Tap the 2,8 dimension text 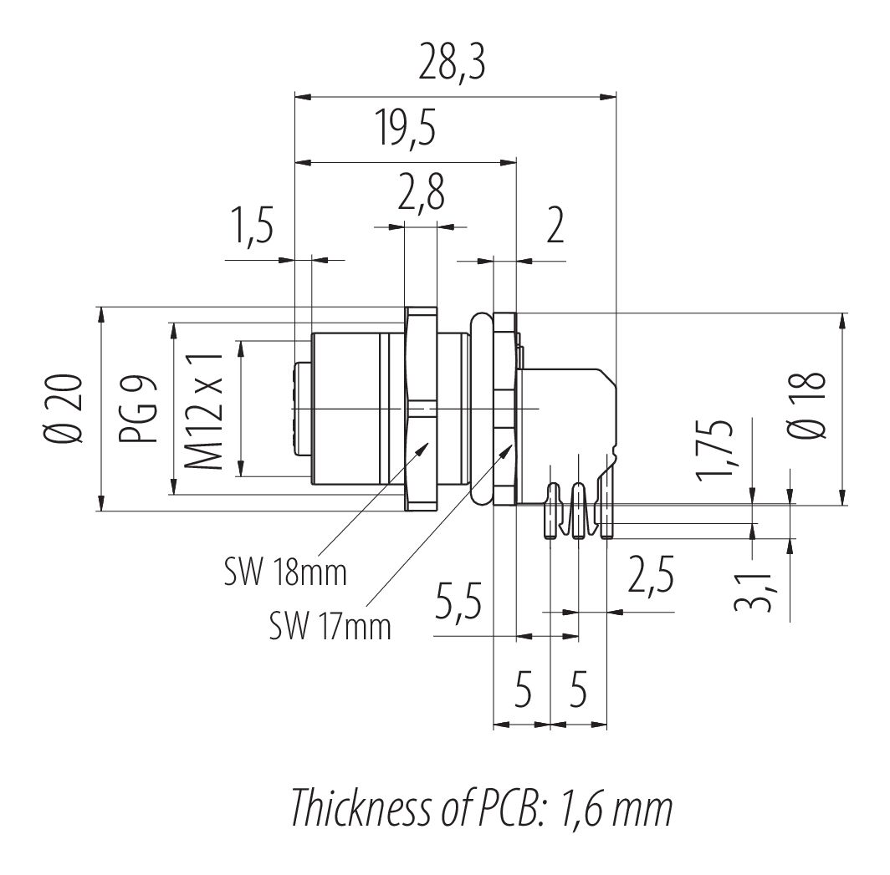(420, 194)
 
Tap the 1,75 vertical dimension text (716, 451)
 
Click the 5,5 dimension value (458, 603)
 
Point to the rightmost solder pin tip (607, 533)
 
